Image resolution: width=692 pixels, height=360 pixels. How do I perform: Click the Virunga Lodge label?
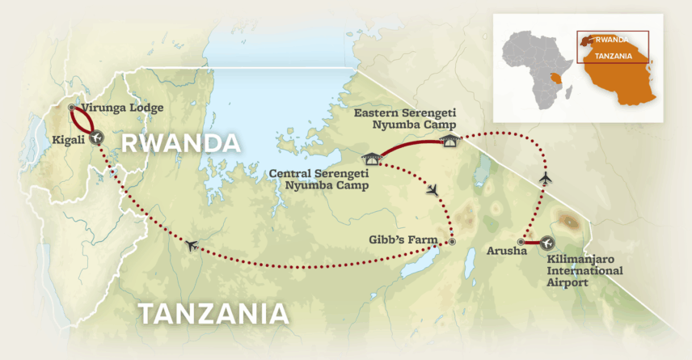123,108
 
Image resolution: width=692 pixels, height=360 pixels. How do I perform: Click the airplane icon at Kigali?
98,138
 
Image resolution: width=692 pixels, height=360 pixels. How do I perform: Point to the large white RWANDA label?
180,145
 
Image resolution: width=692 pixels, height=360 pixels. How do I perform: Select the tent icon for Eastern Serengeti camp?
449,141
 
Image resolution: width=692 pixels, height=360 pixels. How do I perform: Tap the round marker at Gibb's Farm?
453,241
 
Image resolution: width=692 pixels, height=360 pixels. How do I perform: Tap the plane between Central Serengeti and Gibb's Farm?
435,190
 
